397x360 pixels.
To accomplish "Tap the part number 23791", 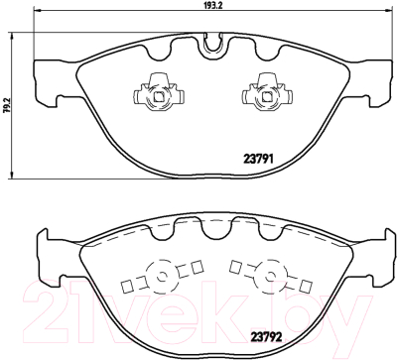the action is click(x=258, y=160).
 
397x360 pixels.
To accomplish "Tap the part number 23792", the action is click(x=266, y=337).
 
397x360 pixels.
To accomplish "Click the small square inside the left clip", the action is click(x=159, y=96).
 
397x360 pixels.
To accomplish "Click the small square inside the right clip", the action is click(x=267, y=96).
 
